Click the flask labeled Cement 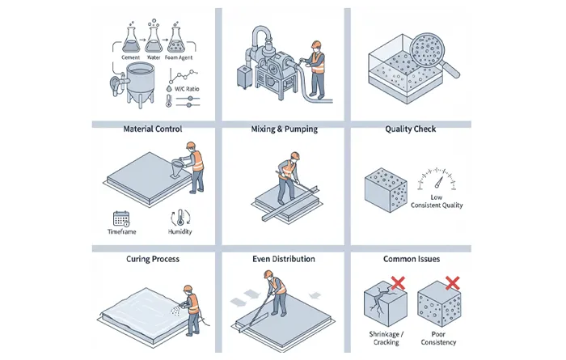coord(131,40)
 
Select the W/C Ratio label coord(187,89)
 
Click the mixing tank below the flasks coord(141,83)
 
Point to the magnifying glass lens coord(427,50)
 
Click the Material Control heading coord(153,129)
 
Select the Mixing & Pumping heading coord(285,129)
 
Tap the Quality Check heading coord(411,129)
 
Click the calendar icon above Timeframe coord(121,218)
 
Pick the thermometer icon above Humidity coord(180,218)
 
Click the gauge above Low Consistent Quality coord(437,179)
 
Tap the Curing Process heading coord(153,259)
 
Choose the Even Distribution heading coord(284,259)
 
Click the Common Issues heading coord(412,259)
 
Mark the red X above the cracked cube coord(398,283)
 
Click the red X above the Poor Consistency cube coord(452,283)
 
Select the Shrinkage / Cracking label coord(386,338)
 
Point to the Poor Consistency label coord(438,338)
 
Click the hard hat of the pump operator coord(316,44)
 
